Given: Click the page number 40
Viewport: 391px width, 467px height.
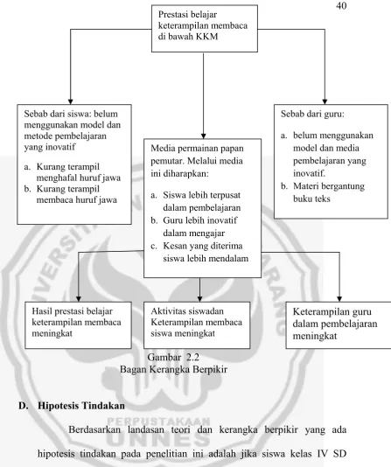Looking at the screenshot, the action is click(x=341, y=5).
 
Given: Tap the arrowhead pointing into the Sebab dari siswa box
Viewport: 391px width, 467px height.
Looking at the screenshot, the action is click(x=70, y=101).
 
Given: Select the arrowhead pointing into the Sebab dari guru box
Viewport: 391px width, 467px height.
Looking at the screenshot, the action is click(x=325, y=101).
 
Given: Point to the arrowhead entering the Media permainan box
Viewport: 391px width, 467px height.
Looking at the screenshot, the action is click(x=204, y=136).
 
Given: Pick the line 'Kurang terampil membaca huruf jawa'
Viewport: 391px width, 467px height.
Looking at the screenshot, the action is click(x=71, y=194).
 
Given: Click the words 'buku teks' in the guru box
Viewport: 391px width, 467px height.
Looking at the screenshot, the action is click(x=311, y=199).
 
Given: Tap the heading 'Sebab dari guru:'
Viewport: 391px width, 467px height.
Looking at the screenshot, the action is click(x=312, y=114).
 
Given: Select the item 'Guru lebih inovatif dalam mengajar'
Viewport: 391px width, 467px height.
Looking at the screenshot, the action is click(x=194, y=227).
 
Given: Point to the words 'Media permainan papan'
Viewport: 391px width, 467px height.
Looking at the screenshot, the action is click(x=197, y=149).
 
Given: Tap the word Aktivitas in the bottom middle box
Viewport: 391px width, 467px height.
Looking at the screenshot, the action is click(x=166, y=311).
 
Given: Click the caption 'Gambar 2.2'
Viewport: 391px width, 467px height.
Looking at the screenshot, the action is click(x=173, y=357).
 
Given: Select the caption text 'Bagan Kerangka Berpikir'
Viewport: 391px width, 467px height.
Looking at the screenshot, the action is click(x=173, y=370).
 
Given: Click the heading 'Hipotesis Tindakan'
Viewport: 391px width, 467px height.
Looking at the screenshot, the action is click(x=81, y=406).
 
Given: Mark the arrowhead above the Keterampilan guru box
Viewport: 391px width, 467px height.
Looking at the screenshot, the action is click(x=339, y=299).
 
